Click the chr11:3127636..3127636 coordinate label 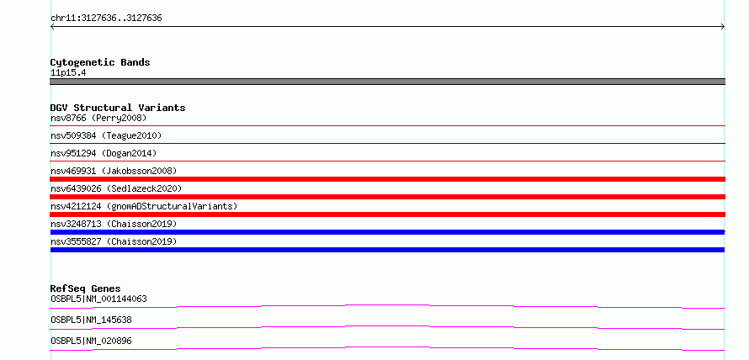click(x=106, y=19)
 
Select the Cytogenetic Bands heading click(x=100, y=62)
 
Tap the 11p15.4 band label click(x=68, y=73)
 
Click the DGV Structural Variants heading click(x=118, y=108)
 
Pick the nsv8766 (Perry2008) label click(x=98, y=118)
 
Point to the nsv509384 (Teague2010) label click(x=106, y=135)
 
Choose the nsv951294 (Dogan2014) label click(x=104, y=153)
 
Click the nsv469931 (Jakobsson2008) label click(x=114, y=171)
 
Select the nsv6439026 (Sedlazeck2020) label click(x=116, y=188)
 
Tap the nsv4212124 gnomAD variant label click(x=144, y=206)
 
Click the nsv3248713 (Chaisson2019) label click(x=114, y=224)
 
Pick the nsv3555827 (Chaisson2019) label click(x=114, y=241)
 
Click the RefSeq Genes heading click(x=86, y=289)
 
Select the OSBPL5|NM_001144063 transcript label click(x=98, y=299)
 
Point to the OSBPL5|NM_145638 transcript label click(x=91, y=320)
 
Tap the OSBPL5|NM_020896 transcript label click(x=91, y=341)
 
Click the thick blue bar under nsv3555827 click(x=387, y=250)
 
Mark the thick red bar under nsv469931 click(x=387, y=179)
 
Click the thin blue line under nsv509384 click(x=387, y=143)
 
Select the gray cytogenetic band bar click(x=387, y=82)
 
